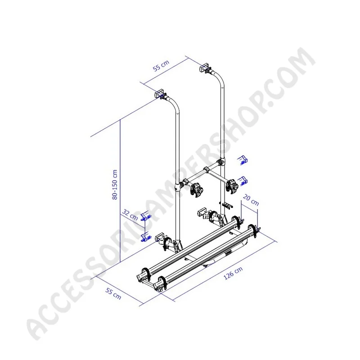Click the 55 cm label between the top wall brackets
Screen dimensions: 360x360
tap(161, 65)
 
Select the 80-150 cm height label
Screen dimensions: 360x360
tap(115, 184)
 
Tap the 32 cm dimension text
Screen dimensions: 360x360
tap(130, 215)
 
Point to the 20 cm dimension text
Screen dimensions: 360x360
tap(251, 200)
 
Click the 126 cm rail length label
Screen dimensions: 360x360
tap(233, 273)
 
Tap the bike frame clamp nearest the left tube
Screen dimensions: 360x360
tap(197, 189)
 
